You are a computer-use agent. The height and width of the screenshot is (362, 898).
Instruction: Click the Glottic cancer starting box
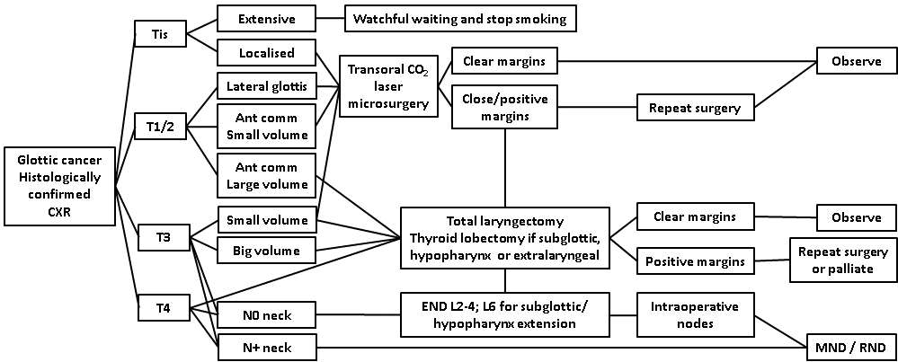click(50, 186)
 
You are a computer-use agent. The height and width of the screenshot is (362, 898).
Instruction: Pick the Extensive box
click(266, 18)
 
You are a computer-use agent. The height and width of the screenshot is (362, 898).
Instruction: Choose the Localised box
click(266, 53)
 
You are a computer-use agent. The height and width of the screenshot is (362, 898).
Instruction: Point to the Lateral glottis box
click(266, 87)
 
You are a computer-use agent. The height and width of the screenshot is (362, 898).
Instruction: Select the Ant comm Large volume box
click(266, 175)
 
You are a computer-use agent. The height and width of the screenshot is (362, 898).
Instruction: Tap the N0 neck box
click(266, 314)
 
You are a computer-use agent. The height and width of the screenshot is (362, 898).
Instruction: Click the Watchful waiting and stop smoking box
click(459, 18)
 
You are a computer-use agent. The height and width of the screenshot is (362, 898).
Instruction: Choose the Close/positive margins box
click(504, 107)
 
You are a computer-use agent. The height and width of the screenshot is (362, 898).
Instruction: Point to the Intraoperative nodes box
click(689, 314)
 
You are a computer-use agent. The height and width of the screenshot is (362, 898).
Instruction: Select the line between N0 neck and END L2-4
click(359, 314)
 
